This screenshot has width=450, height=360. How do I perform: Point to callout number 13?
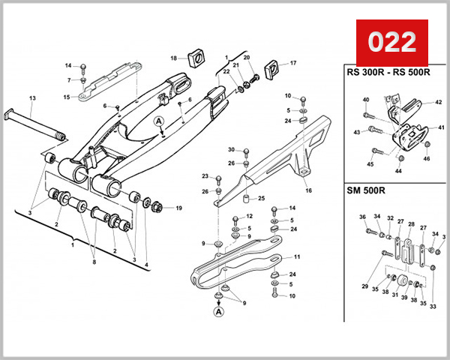[32, 98]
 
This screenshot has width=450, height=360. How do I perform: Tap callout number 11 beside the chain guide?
[296, 256]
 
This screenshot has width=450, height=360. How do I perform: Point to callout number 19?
[178, 208]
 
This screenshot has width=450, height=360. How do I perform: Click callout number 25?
[261, 199]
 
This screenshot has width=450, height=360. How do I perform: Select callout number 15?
[67, 97]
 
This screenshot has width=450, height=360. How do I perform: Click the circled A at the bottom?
[218, 310]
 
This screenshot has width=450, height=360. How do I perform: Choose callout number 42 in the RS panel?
[439, 102]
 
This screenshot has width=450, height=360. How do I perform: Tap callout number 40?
[366, 100]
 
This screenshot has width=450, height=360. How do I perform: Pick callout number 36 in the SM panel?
[362, 217]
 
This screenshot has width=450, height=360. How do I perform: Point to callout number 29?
[365, 286]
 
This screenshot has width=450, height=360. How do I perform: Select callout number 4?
[147, 265]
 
